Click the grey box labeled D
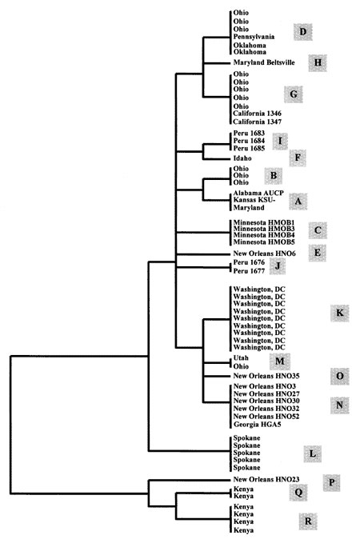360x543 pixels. coord(303,32)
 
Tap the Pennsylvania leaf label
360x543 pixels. coord(254,37)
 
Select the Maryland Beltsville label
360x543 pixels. coord(264,62)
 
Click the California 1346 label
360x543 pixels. coord(257,114)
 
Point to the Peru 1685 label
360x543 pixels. coord(249,148)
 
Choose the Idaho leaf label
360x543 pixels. coord(242,158)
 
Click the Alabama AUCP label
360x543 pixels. coord(258,193)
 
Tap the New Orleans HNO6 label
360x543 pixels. coord(264,254)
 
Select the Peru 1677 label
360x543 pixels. coord(249,271)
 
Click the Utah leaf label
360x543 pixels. coord(241,357)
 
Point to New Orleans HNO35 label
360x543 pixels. coord(266,376)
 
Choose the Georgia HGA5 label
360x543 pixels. coord(257,424)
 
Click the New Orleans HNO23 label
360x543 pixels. coord(266,480)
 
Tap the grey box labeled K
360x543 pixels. coord(339,313)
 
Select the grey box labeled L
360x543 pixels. coord(313,453)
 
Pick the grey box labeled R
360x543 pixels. coord(308,521)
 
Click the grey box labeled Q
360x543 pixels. coord(298,492)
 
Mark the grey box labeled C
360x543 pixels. coord(318,230)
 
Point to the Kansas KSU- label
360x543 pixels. coord(254,200)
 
